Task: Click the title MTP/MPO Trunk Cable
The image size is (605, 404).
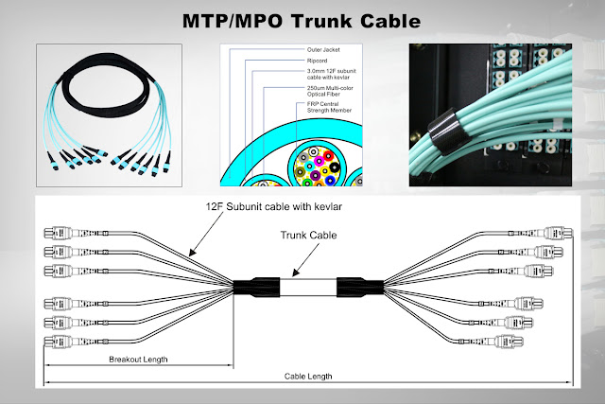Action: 302,21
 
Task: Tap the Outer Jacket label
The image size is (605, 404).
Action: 323,50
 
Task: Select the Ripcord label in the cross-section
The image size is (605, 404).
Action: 318,61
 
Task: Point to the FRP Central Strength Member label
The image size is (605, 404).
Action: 329,107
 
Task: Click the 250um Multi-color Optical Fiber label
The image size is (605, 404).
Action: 330,91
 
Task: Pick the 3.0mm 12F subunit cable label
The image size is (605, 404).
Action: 332,74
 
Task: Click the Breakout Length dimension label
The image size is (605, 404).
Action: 138,360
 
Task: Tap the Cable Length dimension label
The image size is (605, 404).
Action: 308,377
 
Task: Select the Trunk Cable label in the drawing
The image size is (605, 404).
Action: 308,236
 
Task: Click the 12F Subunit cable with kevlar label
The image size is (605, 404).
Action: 273,206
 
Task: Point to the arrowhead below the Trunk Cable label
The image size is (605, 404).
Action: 295,272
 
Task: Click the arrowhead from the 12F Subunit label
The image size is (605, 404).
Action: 192,253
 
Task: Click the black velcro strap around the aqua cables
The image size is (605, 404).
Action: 447,131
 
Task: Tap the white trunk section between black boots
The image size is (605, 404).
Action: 308,288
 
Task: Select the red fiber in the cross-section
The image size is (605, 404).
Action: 328,155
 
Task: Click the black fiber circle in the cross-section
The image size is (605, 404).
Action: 334,167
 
